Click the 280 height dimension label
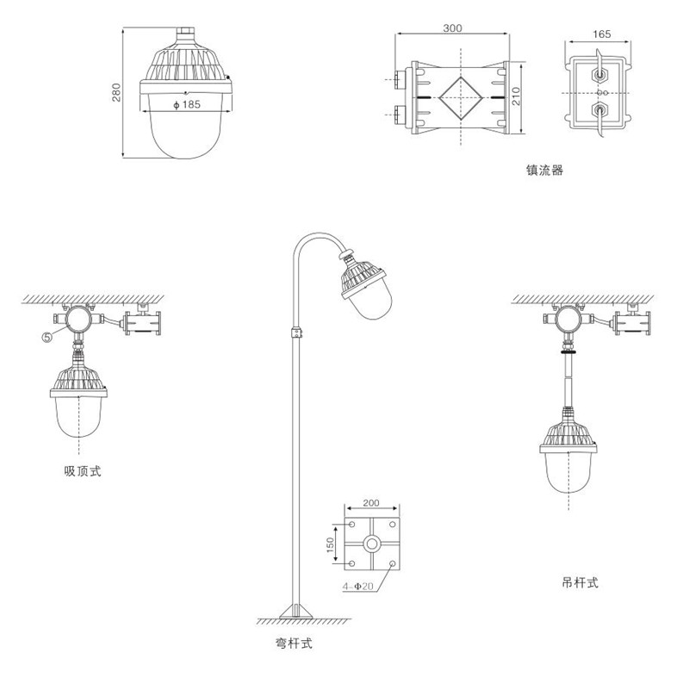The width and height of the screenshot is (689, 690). tap(116, 92)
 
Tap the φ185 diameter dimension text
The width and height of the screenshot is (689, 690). tap(187, 105)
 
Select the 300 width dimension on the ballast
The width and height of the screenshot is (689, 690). tap(452, 28)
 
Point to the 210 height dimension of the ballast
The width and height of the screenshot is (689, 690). tap(516, 96)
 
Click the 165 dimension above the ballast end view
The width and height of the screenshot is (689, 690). tap(601, 34)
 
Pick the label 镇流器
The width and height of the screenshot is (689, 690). tap(544, 171)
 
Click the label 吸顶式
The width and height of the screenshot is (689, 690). tap(83, 471)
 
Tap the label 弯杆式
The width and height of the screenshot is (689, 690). tap(294, 643)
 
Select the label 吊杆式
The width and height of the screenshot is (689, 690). tap(580, 582)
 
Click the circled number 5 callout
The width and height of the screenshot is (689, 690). tap(47, 337)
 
